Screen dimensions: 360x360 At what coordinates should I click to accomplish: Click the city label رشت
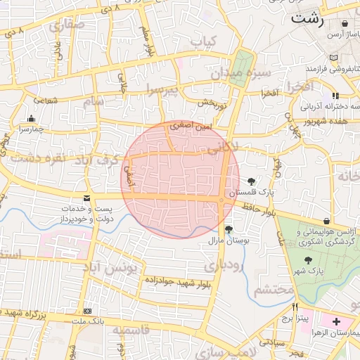(x=307, y=18)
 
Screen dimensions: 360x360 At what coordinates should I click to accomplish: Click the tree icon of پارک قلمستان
(x=252, y=182)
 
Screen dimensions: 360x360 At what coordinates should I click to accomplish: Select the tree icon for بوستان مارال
(x=229, y=229)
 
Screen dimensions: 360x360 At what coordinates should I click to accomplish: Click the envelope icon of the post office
(x=86, y=199)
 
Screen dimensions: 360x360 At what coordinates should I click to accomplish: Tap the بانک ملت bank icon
(x=86, y=311)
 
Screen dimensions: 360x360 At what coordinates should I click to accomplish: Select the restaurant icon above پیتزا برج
(x=295, y=307)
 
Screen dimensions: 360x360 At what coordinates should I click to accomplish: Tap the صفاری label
(x=67, y=25)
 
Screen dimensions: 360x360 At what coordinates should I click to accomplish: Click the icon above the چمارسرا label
(x=31, y=119)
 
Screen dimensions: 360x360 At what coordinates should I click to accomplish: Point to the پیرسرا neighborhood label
(x=163, y=88)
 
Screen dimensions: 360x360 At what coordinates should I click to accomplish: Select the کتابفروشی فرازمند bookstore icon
(x=334, y=57)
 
